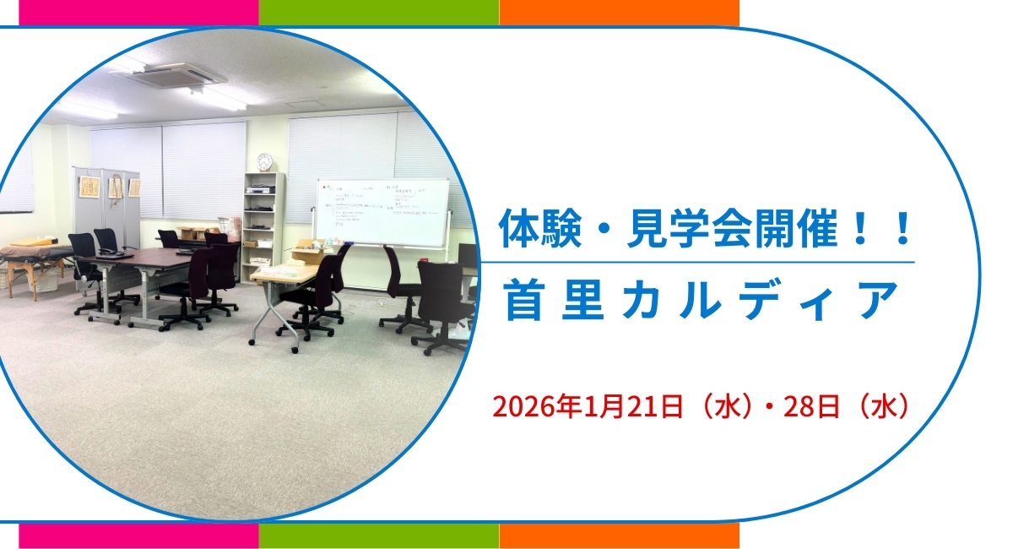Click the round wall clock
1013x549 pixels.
(x=264, y=161)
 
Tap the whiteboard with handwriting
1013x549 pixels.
(x=382, y=212)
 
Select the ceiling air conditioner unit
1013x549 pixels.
(x=180, y=75)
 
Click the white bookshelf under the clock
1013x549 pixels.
(x=263, y=224)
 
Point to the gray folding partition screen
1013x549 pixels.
(x=106, y=207)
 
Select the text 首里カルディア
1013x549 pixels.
(x=699, y=302)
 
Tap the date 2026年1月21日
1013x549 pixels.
(x=588, y=405)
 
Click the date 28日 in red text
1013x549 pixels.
(x=810, y=405)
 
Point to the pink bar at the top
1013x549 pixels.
(x=138, y=12)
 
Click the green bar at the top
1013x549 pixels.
(x=378, y=12)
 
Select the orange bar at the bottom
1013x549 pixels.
(x=619, y=536)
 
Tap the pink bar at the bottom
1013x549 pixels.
(x=138, y=536)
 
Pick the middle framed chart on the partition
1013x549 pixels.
(x=116, y=187)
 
